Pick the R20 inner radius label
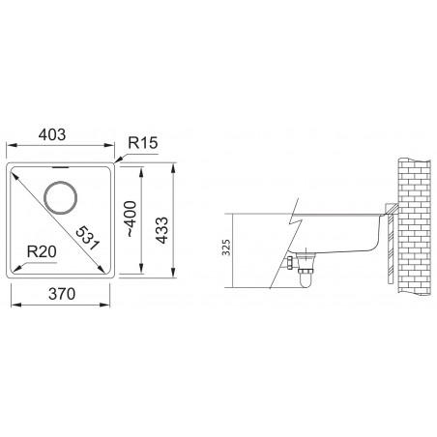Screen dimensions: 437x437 41,251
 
